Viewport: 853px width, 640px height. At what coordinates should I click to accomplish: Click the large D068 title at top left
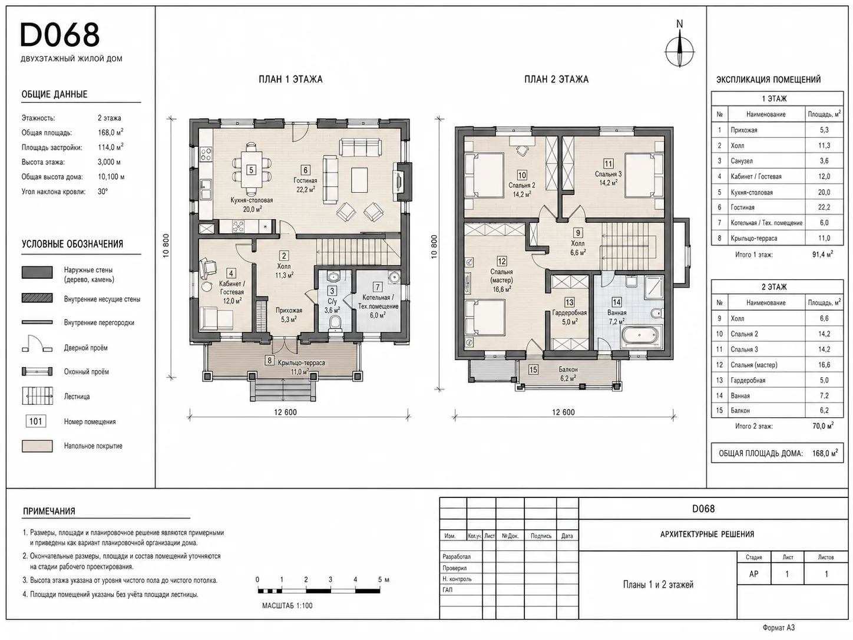60,35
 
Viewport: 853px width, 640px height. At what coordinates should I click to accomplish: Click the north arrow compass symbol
680,51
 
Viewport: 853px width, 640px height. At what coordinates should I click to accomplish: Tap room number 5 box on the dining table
251,170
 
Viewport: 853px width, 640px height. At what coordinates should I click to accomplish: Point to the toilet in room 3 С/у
335,324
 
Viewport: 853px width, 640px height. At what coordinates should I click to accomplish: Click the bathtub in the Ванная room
640,336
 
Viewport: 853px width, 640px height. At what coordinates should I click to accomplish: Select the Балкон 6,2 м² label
568,374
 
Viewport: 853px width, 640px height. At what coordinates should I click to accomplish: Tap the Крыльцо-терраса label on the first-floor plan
301,362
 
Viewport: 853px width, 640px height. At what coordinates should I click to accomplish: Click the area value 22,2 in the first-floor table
824,207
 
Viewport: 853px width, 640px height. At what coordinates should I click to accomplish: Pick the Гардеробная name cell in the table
748,380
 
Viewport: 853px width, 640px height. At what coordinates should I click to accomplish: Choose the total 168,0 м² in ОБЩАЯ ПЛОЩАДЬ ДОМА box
825,453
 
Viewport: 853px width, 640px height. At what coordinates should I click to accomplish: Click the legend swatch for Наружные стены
37,272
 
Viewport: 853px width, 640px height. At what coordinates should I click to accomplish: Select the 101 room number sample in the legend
36,421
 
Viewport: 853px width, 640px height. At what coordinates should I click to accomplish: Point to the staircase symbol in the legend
37,397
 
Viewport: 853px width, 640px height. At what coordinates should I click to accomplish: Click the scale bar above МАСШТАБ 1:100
319,590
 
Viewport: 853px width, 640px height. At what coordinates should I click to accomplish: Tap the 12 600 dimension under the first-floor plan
285,413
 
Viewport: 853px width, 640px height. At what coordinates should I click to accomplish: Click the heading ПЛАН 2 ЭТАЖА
556,80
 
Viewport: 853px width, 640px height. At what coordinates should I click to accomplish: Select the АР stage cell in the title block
753,574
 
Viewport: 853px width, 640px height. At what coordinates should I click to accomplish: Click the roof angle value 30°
103,191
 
